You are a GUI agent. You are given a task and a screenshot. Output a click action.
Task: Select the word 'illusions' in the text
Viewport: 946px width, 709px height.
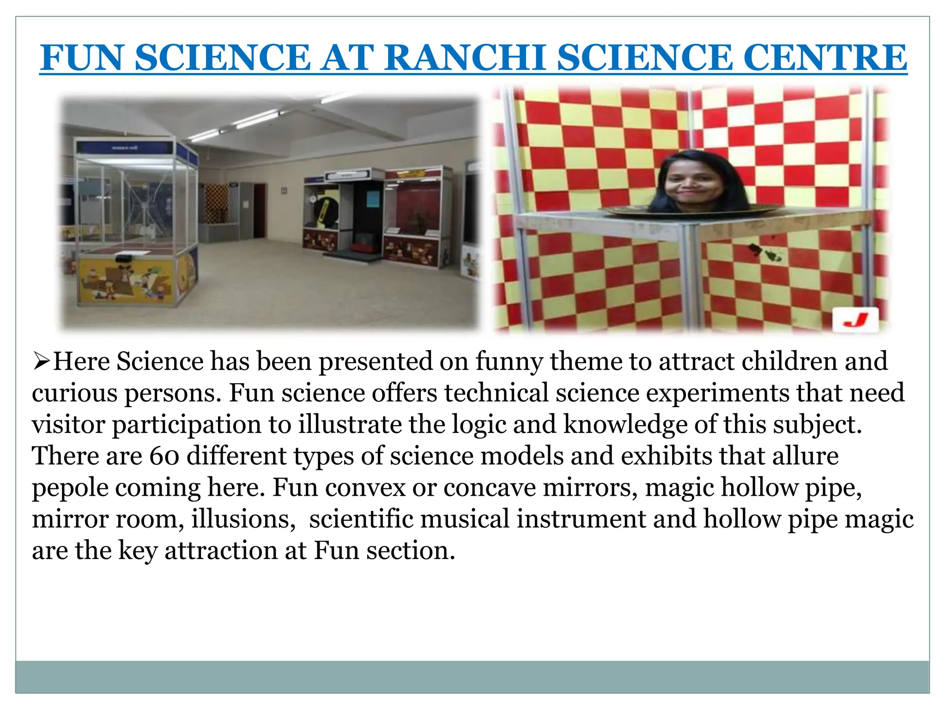click(x=243, y=519)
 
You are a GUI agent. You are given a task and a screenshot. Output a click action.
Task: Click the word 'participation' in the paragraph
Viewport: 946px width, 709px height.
click(x=202, y=425)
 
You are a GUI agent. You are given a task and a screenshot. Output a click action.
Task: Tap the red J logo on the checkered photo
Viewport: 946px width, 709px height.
click(x=855, y=319)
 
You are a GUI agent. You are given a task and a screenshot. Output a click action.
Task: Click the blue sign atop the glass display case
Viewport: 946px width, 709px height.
click(x=125, y=148)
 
